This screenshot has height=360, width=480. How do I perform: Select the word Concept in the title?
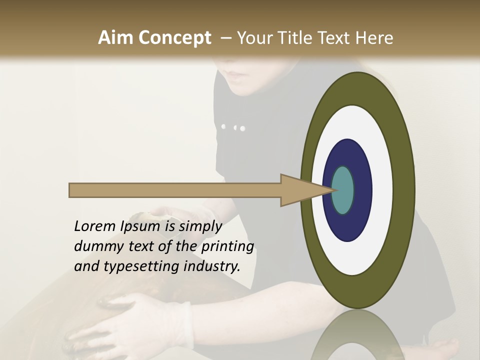(174, 37)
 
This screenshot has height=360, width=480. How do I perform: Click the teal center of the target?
(343, 190)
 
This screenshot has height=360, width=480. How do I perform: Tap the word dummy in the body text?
(96, 246)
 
